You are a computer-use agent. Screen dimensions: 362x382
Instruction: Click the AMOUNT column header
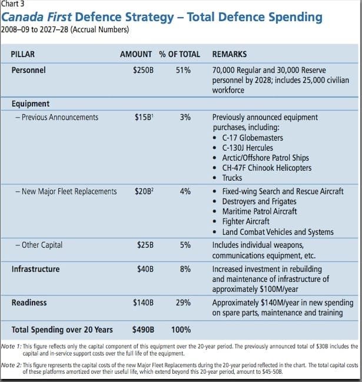pyautogui.click(x=136, y=54)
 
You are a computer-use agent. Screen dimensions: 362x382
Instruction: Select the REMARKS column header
pyautogui.click(x=230, y=54)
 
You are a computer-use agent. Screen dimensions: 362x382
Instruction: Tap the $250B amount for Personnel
pyautogui.click(x=143, y=70)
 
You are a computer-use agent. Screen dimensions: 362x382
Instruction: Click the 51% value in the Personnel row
pyautogui.click(x=183, y=70)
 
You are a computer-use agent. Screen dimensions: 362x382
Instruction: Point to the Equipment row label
pyautogui.click(x=31, y=104)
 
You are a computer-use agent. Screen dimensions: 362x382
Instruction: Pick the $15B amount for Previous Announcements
pyautogui.click(x=144, y=117)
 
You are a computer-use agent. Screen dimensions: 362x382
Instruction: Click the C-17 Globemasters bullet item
pyautogui.click(x=253, y=138)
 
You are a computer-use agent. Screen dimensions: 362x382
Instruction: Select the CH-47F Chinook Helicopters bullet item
pyautogui.click(x=267, y=168)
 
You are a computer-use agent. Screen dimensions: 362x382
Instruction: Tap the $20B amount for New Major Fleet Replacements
pyautogui.click(x=144, y=191)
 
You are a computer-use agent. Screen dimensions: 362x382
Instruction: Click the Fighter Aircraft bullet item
pyautogui.click(x=246, y=221)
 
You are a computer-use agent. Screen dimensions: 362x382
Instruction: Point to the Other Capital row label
pyautogui.click(x=39, y=245)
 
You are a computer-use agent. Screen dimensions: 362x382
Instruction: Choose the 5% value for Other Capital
pyautogui.click(x=185, y=245)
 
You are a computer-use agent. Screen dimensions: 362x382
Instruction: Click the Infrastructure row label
pyautogui.click(x=35, y=269)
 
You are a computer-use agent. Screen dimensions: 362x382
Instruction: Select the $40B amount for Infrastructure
pyautogui.click(x=145, y=269)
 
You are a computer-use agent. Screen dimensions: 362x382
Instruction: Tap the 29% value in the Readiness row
pyautogui.click(x=183, y=303)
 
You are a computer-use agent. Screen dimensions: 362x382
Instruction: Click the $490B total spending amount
pyautogui.click(x=143, y=330)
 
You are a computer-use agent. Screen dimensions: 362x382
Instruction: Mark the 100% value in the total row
pyautogui.click(x=181, y=330)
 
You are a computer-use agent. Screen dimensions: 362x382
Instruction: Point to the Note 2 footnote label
pyautogui.click(x=11, y=365)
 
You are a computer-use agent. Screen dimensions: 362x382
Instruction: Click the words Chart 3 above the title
pyautogui.click(x=13, y=4)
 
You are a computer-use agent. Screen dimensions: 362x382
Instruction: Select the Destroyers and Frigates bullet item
pyautogui.click(x=259, y=201)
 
